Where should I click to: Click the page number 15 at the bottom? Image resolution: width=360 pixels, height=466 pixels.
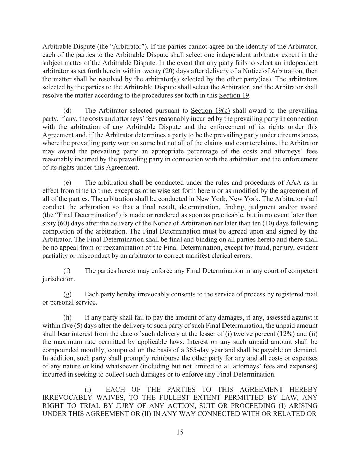[180, 432]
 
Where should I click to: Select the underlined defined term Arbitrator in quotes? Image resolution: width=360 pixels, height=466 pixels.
[127, 46]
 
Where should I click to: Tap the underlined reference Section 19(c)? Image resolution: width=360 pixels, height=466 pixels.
[211, 111]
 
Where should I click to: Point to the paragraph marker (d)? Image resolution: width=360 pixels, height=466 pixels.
[68, 111]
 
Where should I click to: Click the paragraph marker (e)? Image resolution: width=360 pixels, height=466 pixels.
[68, 183]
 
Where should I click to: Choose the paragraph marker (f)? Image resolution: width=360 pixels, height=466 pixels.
[67, 271]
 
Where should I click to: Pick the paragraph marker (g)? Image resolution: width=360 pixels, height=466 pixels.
[68, 294]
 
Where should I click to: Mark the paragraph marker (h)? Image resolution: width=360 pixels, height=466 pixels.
[68, 317]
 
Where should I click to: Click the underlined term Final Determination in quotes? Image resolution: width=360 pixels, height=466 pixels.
[87, 215]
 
